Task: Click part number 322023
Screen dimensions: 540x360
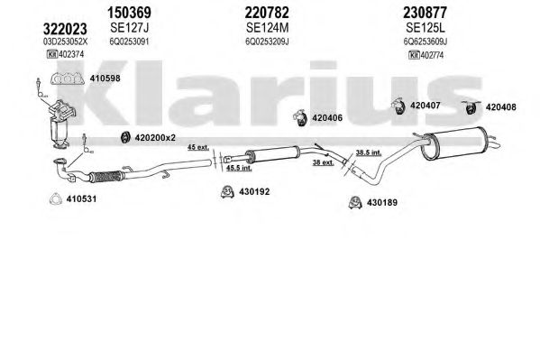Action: click(x=65, y=29)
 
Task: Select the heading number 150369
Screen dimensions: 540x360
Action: click(x=129, y=13)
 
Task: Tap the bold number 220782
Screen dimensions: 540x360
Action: click(x=267, y=13)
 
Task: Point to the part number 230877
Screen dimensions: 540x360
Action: click(x=425, y=13)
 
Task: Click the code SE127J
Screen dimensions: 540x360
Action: click(x=130, y=28)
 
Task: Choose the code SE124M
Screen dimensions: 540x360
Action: click(x=267, y=28)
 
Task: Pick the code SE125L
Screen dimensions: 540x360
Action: click(x=426, y=28)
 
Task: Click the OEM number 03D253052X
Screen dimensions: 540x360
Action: click(x=65, y=42)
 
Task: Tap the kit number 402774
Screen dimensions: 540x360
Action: click(x=432, y=55)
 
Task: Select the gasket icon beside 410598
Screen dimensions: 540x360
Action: click(x=67, y=79)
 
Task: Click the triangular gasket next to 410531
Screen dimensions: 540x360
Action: click(x=56, y=199)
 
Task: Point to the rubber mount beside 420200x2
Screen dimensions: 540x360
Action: click(x=125, y=137)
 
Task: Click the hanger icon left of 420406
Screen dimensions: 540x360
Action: click(x=300, y=117)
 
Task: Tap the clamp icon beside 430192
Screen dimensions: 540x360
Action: click(x=227, y=191)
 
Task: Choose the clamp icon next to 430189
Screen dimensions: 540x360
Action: click(x=354, y=202)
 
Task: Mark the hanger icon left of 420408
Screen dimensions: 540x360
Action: click(x=470, y=107)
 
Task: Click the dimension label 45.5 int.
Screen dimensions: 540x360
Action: click(x=239, y=168)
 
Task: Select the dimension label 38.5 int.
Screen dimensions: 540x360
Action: click(x=369, y=152)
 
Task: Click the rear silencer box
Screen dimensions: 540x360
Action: click(x=455, y=143)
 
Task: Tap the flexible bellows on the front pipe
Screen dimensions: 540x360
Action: click(x=106, y=176)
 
